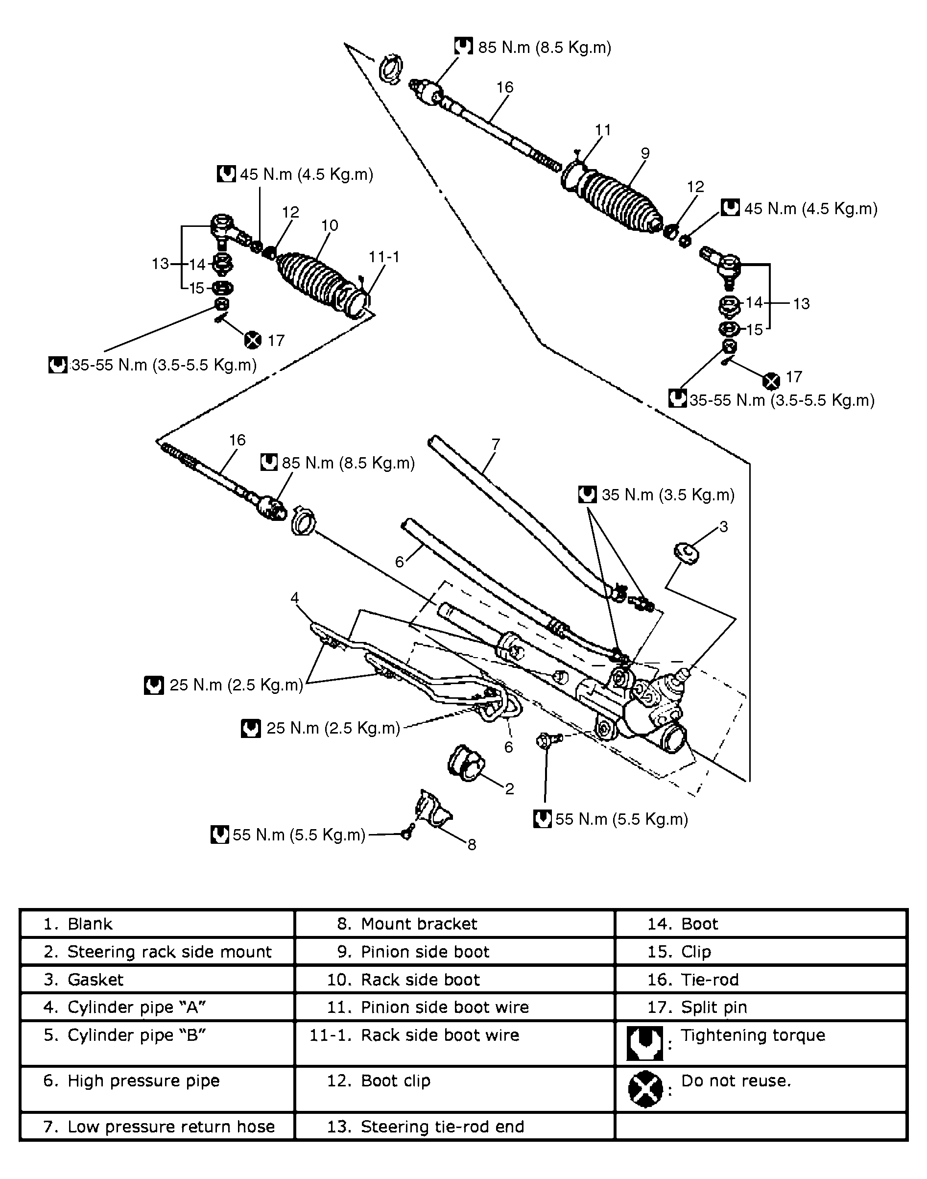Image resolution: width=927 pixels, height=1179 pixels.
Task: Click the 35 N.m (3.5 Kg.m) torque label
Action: [x=667, y=495]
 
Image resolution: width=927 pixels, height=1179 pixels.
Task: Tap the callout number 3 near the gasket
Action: [x=723, y=526]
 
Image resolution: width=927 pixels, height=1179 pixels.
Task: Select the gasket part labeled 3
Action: [x=686, y=553]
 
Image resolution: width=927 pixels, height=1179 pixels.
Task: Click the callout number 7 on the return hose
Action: [x=496, y=444]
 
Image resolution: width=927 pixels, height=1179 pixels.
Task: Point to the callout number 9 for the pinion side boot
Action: [x=645, y=153]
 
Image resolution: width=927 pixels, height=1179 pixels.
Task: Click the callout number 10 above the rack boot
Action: [x=330, y=225]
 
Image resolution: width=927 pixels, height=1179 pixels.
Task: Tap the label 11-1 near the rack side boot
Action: [x=384, y=257]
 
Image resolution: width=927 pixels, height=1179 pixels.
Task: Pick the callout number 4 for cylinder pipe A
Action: [x=295, y=598]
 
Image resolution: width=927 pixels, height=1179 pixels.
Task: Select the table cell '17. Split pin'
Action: [x=713, y=1007]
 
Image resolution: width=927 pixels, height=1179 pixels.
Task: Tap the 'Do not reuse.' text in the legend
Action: [x=736, y=1081]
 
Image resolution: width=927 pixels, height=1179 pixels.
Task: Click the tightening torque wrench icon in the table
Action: [x=645, y=1044]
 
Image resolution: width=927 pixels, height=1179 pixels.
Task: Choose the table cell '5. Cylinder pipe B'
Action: [x=125, y=1035]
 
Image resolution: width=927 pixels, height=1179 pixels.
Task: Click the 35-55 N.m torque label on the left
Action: [x=163, y=365]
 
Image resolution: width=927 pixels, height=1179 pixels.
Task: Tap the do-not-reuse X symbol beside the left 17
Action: [x=252, y=341]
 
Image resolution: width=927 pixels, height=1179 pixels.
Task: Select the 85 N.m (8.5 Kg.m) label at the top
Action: [x=544, y=48]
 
